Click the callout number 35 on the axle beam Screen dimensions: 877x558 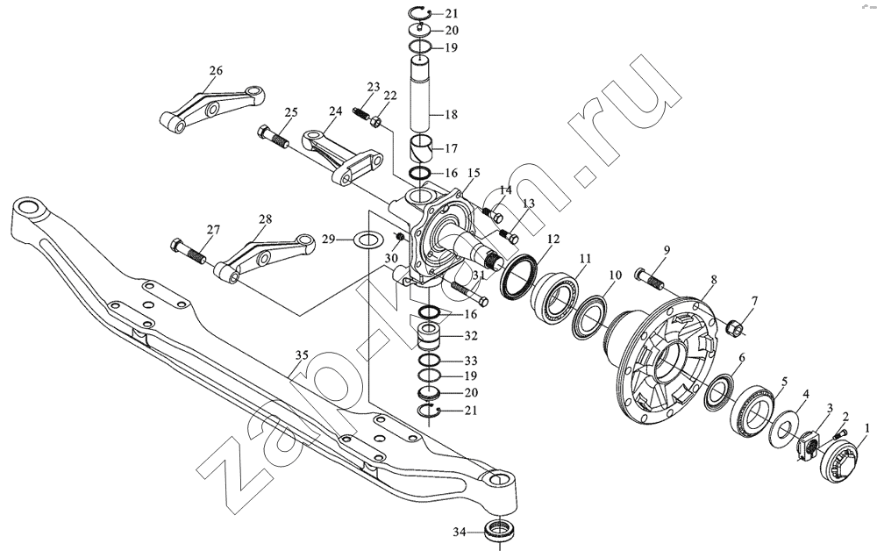(302, 354)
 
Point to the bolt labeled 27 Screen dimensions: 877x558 (188, 251)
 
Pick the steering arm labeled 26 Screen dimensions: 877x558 (210, 109)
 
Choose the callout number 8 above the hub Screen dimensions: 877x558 (713, 279)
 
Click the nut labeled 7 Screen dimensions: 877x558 (734, 327)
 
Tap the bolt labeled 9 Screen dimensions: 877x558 (649, 279)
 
